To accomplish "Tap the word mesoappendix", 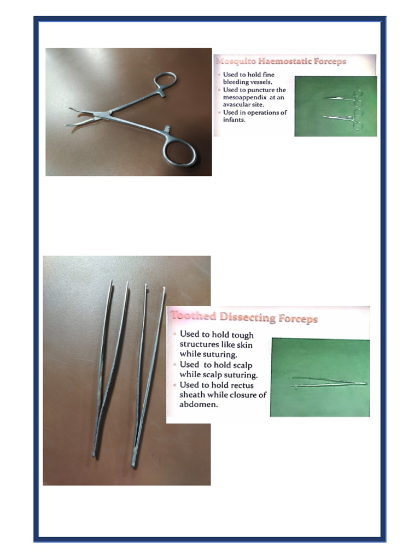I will (247, 97).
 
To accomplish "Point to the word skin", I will (242, 344).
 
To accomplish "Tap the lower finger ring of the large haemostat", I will (180, 152).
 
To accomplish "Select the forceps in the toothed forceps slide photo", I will (328, 382).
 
